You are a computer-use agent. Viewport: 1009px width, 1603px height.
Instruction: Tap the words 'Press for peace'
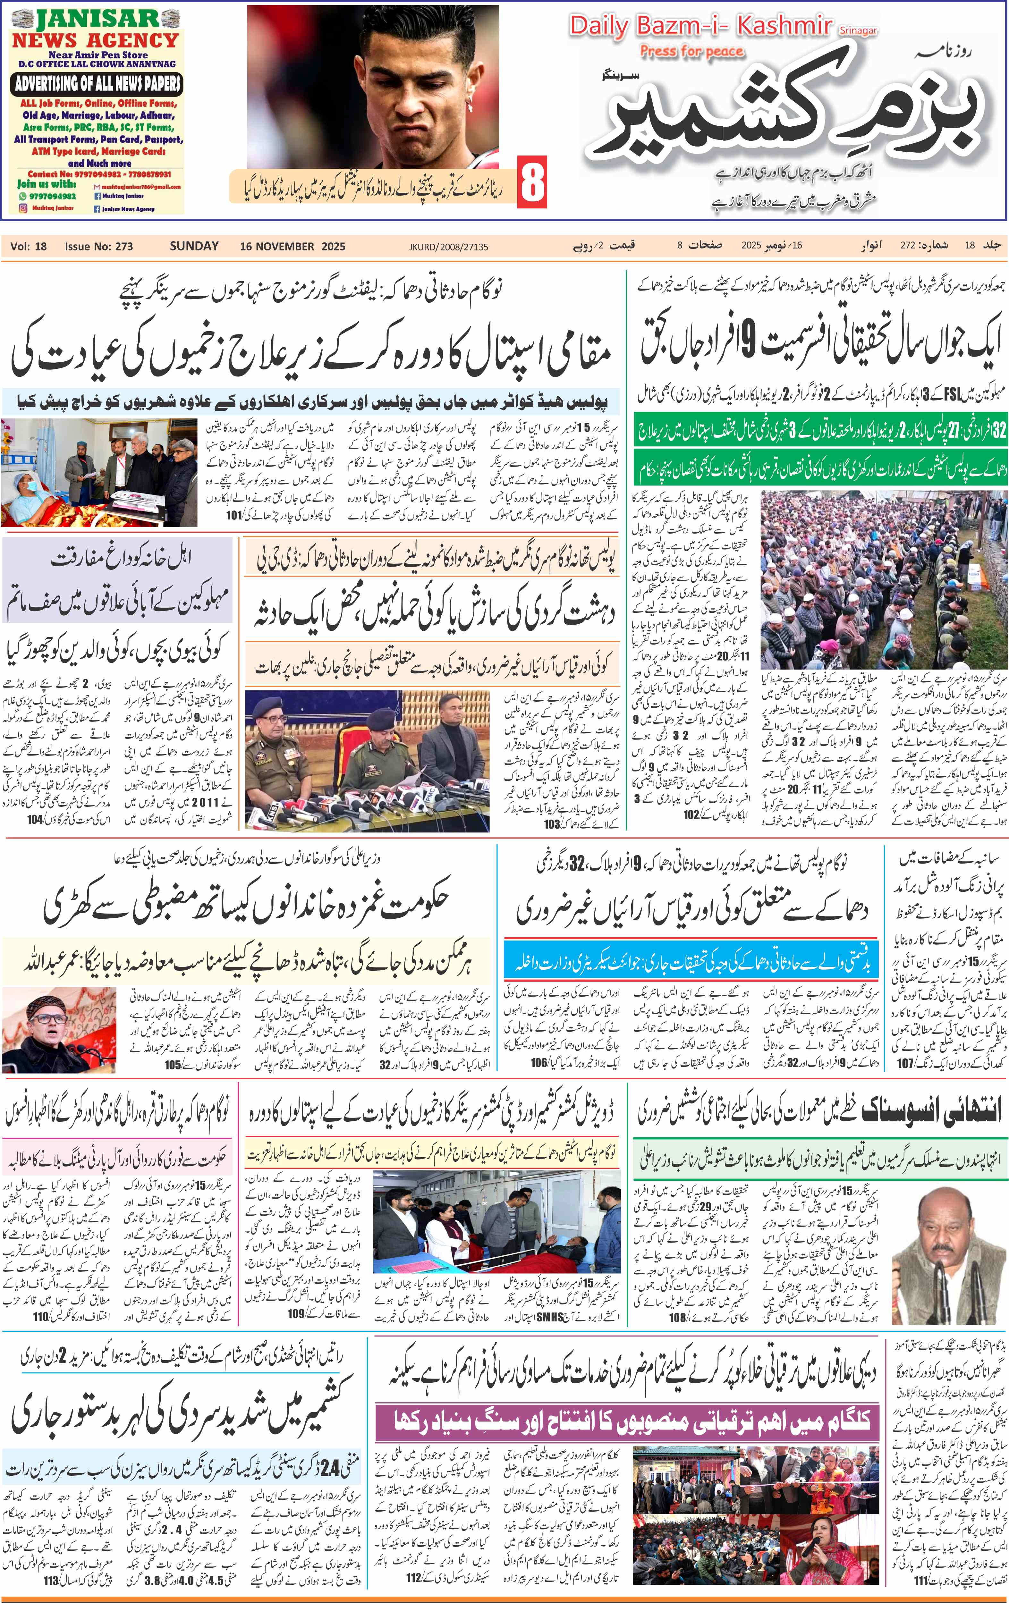coord(691,51)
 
